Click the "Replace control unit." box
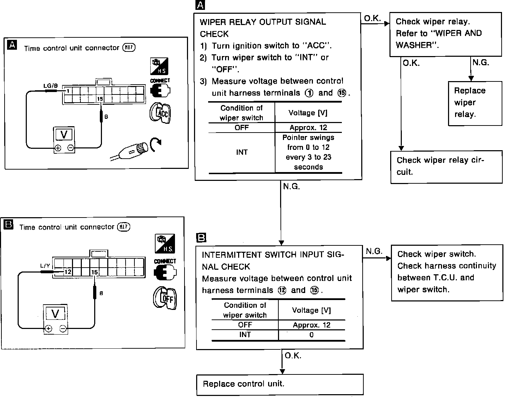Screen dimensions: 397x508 [x=280, y=384]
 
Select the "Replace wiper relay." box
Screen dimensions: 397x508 [x=475, y=103]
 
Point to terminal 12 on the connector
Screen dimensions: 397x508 [x=68, y=272]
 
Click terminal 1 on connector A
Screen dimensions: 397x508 [x=68, y=91]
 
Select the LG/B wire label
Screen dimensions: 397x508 [x=50, y=86]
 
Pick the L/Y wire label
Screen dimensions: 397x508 [x=45, y=266]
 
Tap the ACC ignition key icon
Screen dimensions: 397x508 [x=161, y=113]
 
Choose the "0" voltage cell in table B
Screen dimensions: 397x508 [x=311, y=335]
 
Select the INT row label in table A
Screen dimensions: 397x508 [x=242, y=152]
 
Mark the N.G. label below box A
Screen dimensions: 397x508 [x=291, y=187]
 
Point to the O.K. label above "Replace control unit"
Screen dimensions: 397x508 [x=293, y=356]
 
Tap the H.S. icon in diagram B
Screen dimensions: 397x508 [x=165, y=244]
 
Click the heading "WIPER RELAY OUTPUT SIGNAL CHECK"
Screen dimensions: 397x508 [x=262, y=28]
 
